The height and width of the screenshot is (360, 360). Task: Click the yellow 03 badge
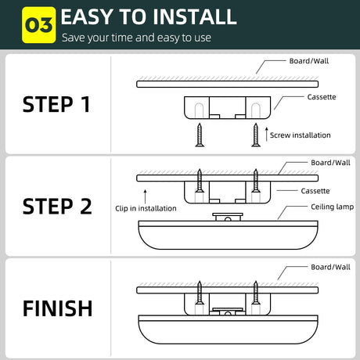[39, 25]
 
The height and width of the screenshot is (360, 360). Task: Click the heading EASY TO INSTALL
[149, 17]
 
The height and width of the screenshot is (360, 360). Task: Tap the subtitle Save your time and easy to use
[136, 38]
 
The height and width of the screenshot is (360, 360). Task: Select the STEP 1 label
[56, 104]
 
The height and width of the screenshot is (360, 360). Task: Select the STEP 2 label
[57, 207]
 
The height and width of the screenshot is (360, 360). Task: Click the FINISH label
[58, 308]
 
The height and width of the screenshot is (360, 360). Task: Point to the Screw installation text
[301, 135]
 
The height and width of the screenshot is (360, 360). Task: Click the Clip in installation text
[146, 208]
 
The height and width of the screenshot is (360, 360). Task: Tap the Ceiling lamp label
[333, 207]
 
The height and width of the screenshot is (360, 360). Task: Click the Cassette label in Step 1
[322, 97]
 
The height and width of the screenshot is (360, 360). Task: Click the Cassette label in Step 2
[315, 191]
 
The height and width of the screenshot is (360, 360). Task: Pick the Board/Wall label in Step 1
[309, 61]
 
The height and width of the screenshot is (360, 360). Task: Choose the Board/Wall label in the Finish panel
[330, 267]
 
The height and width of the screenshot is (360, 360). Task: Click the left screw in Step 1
[200, 135]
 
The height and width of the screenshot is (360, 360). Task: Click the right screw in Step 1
[256, 135]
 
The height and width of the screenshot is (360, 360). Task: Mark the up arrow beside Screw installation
[266, 135]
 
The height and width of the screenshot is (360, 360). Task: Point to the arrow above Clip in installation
[145, 196]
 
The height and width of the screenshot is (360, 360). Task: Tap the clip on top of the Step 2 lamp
[228, 217]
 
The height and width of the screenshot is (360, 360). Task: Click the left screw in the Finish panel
[200, 293]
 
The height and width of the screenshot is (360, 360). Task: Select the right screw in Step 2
[256, 181]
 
